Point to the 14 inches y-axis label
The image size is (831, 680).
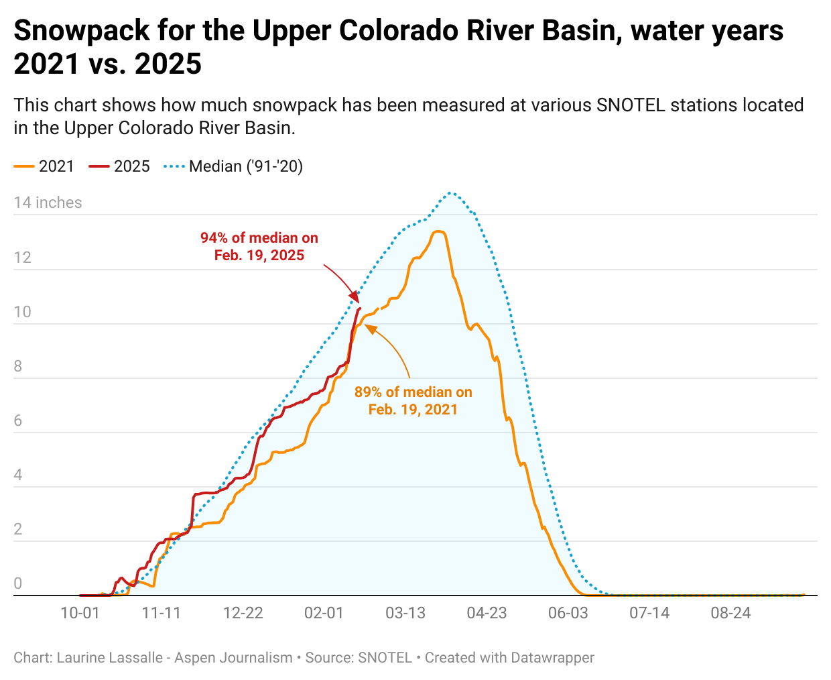[x=48, y=203]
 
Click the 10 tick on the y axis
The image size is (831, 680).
[x=22, y=312]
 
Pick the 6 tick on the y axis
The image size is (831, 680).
[x=18, y=420]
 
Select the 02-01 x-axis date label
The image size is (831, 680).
[x=324, y=613]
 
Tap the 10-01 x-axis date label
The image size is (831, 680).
[x=80, y=613]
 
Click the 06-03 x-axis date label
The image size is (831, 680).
[x=568, y=613]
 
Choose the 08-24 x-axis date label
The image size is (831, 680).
[x=730, y=613]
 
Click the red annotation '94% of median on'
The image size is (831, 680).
[x=259, y=238]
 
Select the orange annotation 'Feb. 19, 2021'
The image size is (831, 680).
[x=413, y=410]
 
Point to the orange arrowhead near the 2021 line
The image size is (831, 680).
[x=368, y=326]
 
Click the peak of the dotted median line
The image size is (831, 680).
[x=452, y=193]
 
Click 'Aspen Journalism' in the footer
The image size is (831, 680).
[x=233, y=658]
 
